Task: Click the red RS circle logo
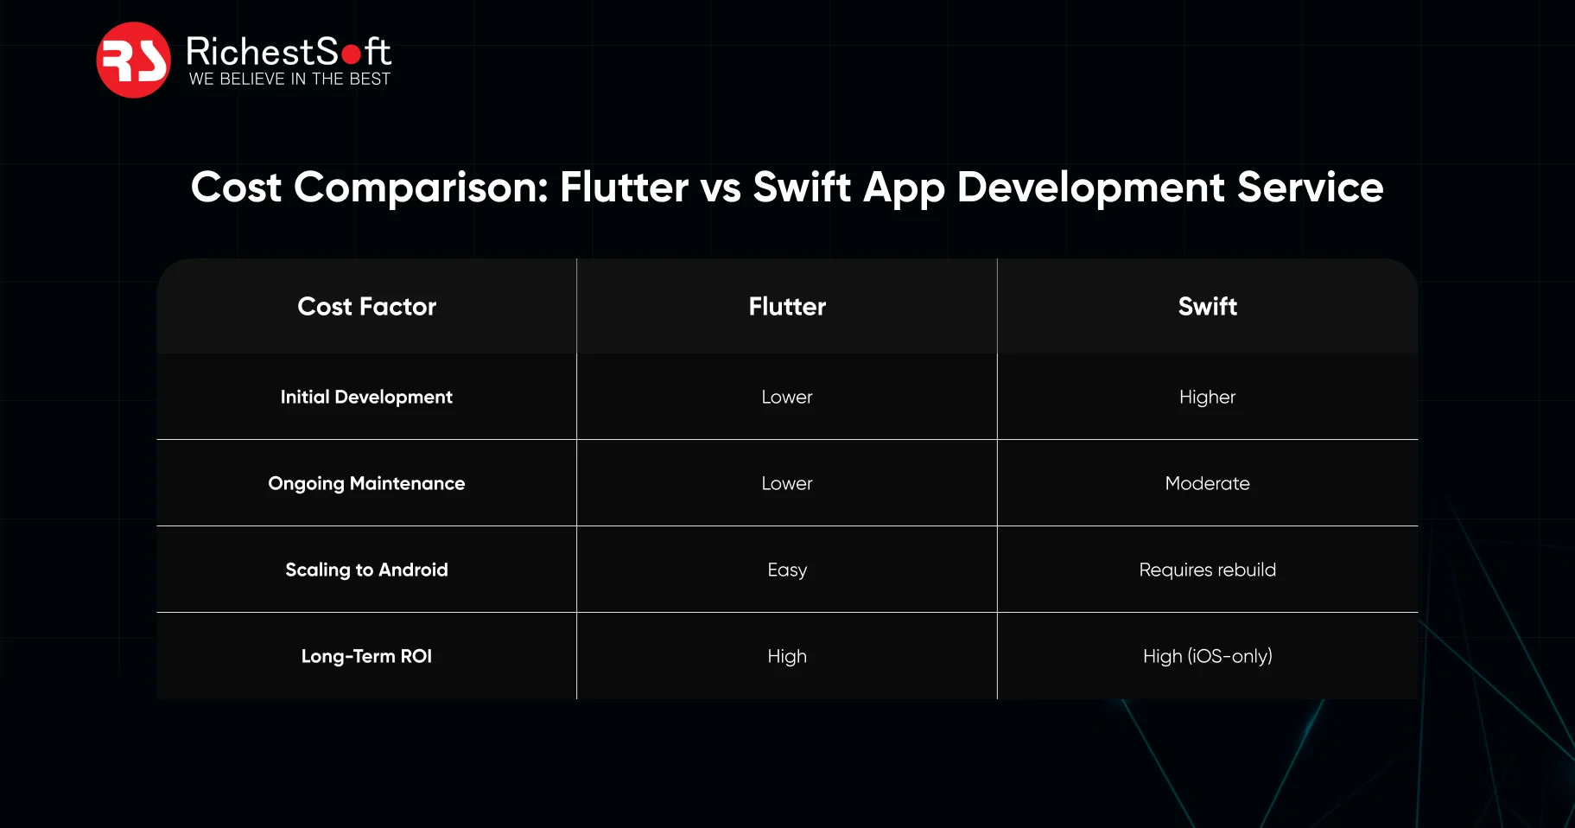click(x=133, y=60)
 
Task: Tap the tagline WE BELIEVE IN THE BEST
click(x=289, y=80)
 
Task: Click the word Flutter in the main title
click(x=624, y=188)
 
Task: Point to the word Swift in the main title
click(x=801, y=188)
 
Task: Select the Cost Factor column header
click(x=366, y=307)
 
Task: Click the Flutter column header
click(x=787, y=307)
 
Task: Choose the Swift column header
click(x=1207, y=307)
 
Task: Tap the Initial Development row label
click(x=366, y=398)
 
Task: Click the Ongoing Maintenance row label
click(x=366, y=484)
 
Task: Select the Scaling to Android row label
click(x=366, y=570)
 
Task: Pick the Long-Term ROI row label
click(x=366, y=657)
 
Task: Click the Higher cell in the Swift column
click(x=1207, y=398)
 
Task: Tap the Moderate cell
click(x=1207, y=484)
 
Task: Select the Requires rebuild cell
click(x=1207, y=570)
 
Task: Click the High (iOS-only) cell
click(x=1207, y=657)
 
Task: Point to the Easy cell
click(x=787, y=570)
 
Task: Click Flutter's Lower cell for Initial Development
click(x=787, y=398)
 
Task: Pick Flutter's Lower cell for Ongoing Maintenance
click(x=787, y=484)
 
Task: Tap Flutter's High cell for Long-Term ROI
click(x=787, y=657)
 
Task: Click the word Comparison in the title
click(x=421, y=188)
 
